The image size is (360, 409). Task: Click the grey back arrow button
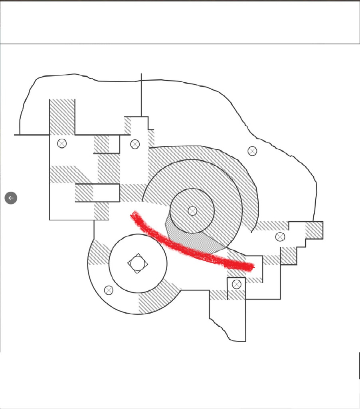(11, 198)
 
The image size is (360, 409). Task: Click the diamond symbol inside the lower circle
(138, 263)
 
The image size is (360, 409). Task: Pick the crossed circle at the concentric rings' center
(192, 210)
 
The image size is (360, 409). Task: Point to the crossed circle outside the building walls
(252, 151)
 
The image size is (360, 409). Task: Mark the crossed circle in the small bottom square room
(237, 284)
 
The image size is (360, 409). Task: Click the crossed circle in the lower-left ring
(109, 290)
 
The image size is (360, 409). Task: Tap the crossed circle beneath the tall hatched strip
(62, 143)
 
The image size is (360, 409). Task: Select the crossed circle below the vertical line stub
(135, 144)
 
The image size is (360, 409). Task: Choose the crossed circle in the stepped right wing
(280, 237)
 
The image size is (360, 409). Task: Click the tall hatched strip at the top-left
(62, 116)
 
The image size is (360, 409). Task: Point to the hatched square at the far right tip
(314, 230)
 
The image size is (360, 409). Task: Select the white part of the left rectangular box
(106, 193)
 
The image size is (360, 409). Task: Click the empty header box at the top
(180, 22)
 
